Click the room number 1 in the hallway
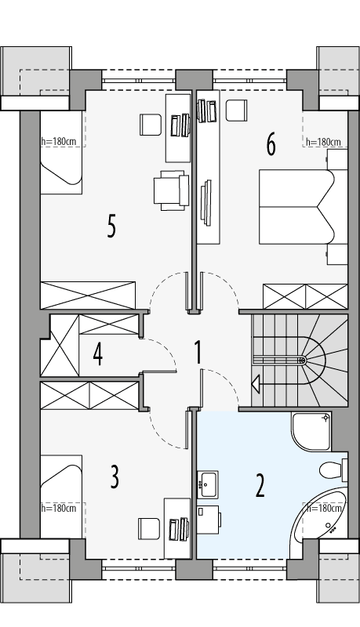coord(198,353)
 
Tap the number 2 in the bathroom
coord(260,486)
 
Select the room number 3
coord(115,477)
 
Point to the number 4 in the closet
coord(97,354)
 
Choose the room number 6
coord(271,144)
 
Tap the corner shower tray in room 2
coord(311,431)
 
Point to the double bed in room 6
coord(296,207)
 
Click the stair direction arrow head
coord(256,384)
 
